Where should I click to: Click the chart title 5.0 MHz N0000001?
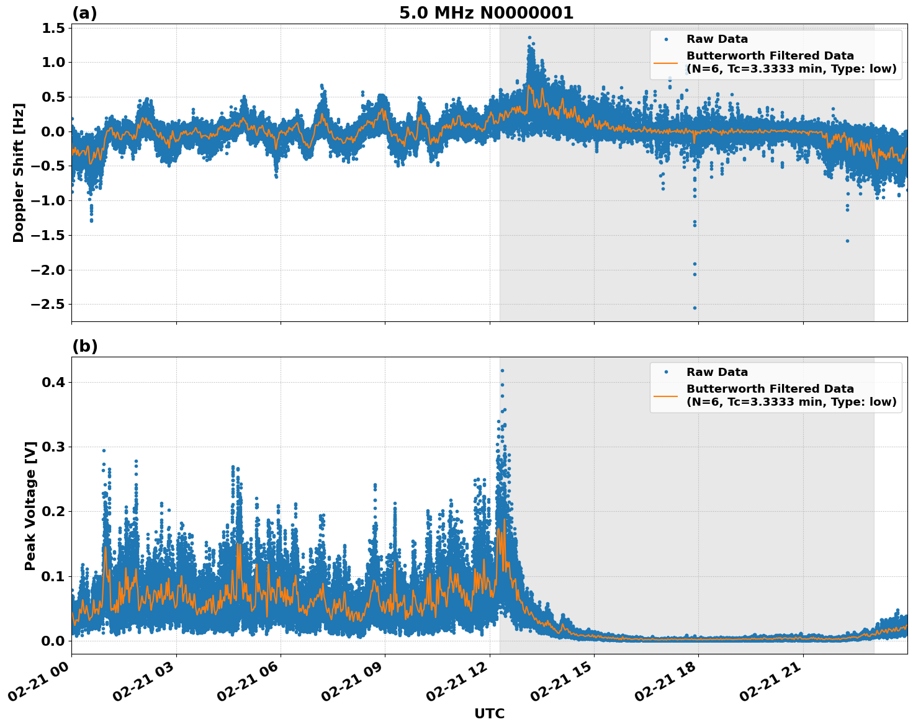click(486, 13)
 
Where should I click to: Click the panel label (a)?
click(84, 13)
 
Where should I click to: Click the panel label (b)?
click(84, 346)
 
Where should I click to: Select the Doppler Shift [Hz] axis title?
click(19, 172)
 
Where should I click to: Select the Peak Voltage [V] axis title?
click(30, 506)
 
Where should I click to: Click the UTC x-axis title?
click(489, 713)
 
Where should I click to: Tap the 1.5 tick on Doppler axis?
click(54, 28)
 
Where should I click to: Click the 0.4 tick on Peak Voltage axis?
click(54, 383)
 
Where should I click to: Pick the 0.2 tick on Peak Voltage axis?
click(54, 512)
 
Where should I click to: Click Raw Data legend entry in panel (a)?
click(717, 39)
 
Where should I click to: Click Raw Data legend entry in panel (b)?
click(717, 372)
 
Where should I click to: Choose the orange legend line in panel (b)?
click(665, 395)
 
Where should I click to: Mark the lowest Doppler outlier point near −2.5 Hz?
click(695, 308)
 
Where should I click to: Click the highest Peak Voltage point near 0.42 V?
click(502, 371)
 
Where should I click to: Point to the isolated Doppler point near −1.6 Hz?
click(847, 241)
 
